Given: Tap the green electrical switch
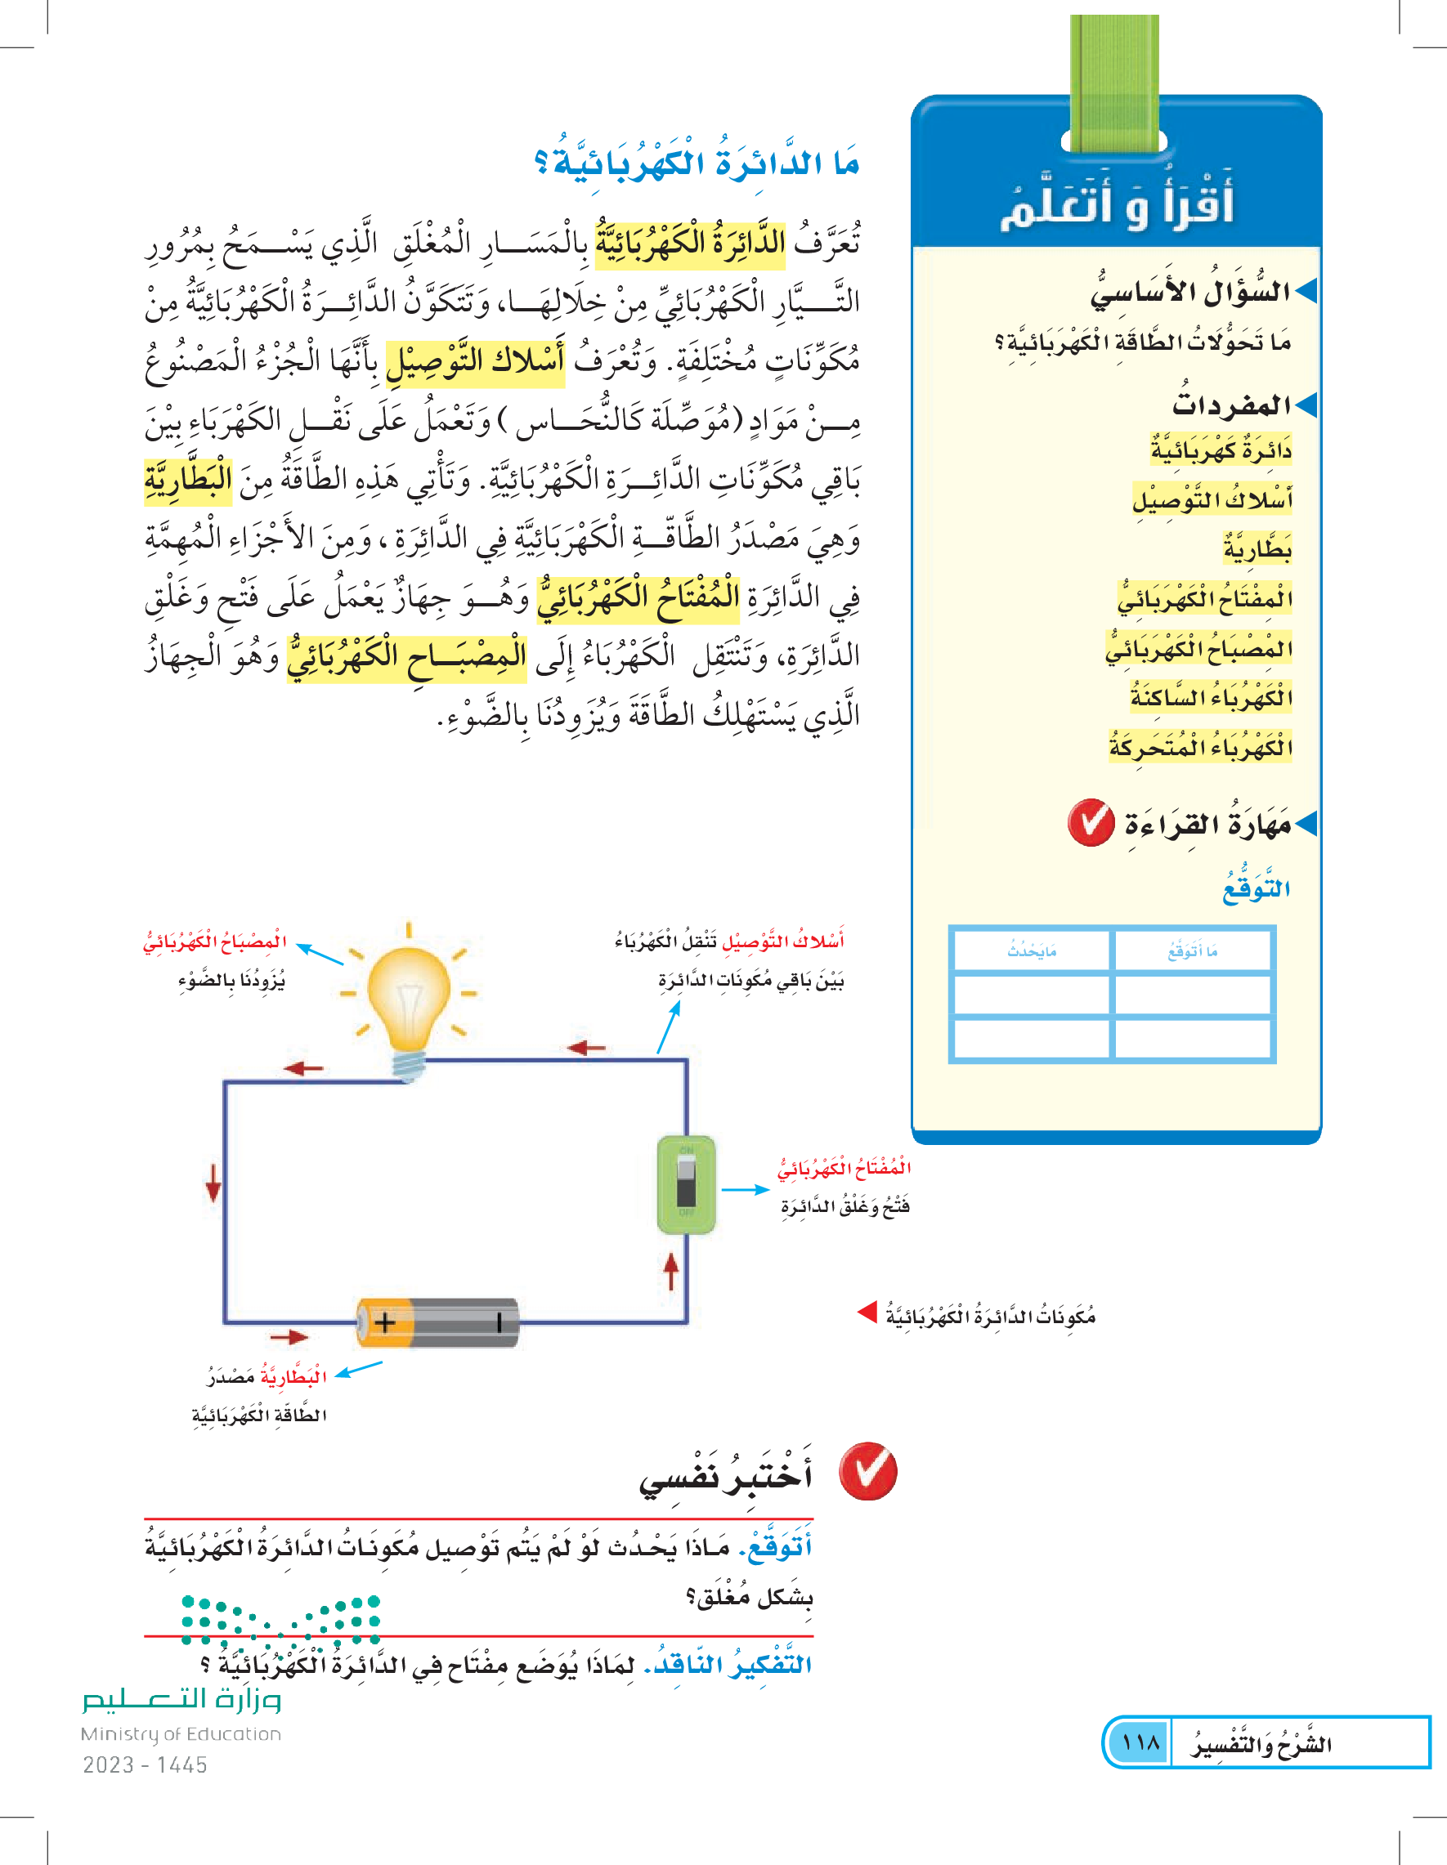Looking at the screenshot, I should [686, 1183].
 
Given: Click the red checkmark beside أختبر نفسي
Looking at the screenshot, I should [868, 1471].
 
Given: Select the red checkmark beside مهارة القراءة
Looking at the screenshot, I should [1091, 823].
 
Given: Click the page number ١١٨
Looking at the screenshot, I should [1140, 1742].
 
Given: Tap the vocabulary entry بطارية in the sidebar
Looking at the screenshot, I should [1257, 549].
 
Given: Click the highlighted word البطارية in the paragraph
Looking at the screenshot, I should [188, 479].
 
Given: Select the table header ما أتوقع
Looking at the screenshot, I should [1193, 950].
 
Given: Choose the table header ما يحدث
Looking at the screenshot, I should [1032, 950].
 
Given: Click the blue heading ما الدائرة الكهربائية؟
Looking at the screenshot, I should [697, 163].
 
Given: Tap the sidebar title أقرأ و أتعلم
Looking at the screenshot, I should [1117, 205].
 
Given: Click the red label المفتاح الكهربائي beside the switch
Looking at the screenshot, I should [844, 1167].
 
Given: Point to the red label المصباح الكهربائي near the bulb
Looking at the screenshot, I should [214, 941].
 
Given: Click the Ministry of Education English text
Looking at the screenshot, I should [180, 1734].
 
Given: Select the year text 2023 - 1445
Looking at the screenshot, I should [145, 1765].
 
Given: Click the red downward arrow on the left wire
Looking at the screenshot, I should [213, 1183].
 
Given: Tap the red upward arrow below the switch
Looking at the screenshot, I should [671, 1271].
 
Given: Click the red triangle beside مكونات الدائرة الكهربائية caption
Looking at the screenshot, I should [867, 1312].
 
